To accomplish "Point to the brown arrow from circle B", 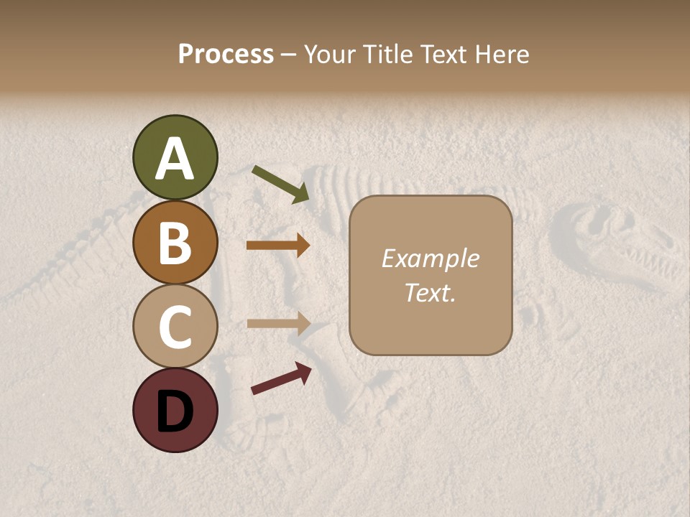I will tap(277, 246).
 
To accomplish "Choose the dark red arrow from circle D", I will tap(281, 378).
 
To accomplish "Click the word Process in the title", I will tap(226, 54).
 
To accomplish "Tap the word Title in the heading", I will tap(387, 54).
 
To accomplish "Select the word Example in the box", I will tap(430, 258).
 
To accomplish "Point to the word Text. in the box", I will tap(430, 292).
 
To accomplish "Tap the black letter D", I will tap(175, 411).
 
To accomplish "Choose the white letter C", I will tap(175, 327).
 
